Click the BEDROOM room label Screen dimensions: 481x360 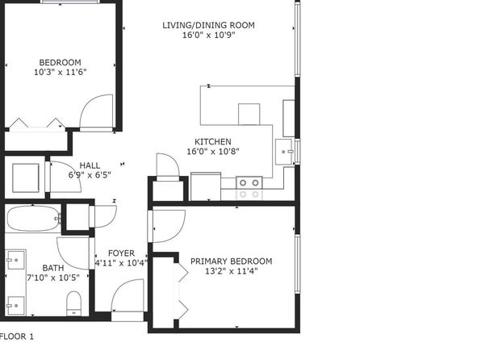(60, 62)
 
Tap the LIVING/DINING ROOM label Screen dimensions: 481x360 (208, 25)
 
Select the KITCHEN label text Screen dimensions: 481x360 (213, 142)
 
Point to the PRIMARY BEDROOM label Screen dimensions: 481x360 (232, 262)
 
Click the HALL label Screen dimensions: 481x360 (90, 165)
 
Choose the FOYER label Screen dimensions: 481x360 (122, 253)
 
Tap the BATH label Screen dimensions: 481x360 (53, 268)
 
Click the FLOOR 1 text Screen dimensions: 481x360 (17, 337)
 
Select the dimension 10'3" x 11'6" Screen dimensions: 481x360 (60, 72)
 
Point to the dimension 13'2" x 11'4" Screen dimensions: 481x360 (232, 271)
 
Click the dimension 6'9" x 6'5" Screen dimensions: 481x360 (90, 175)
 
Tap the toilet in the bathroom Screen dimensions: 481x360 (74, 303)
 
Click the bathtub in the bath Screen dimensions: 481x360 (34, 218)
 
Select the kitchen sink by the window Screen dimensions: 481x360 (284, 152)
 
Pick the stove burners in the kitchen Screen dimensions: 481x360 (249, 183)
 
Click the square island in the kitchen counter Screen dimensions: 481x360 (249, 114)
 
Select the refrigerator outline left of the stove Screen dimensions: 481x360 (206, 186)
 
